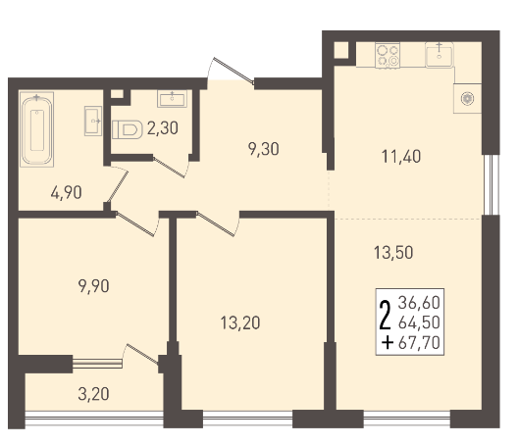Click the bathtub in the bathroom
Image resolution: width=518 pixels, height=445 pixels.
[x=36, y=129]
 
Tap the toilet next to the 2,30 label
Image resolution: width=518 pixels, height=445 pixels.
[x=128, y=129]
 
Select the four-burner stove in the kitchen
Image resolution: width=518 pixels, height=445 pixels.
[x=388, y=55]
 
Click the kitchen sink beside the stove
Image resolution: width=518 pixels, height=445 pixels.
[x=440, y=55]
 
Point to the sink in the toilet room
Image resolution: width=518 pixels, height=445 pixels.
[x=172, y=98]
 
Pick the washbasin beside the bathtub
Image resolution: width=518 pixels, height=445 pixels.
[x=93, y=121]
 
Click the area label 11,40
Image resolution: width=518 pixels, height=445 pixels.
[x=401, y=157]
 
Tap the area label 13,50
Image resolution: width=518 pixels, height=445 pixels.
[x=393, y=253]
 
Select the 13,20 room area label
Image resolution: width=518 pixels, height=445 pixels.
[x=240, y=322]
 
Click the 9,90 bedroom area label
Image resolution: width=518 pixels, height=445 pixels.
[x=94, y=286]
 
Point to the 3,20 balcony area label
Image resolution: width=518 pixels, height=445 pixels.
[x=93, y=394]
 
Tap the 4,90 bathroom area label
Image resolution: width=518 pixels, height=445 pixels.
[x=67, y=192]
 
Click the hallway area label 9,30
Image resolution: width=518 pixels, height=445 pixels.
[x=264, y=149]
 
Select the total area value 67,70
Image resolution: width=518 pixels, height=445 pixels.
[x=419, y=343]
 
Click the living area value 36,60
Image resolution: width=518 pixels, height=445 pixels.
[x=419, y=303]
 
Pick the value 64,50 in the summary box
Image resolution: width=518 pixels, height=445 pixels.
[x=419, y=322]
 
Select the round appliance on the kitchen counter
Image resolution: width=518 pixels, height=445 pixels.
[x=467, y=98]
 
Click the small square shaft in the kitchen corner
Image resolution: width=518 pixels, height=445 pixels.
[x=341, y=51]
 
